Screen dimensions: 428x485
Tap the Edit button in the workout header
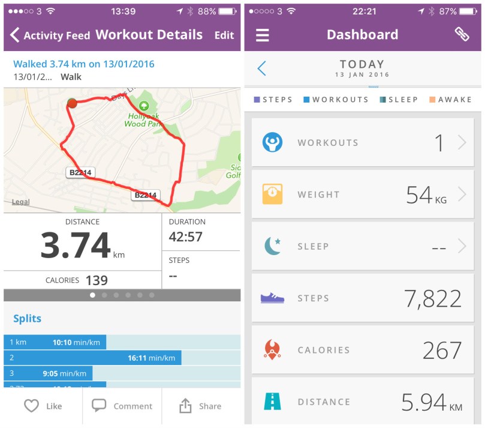tap(224, 35)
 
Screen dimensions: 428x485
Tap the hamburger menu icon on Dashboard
tap(263, 35)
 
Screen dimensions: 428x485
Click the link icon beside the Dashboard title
tap(462, 34)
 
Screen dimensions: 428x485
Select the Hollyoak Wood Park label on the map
tap(143, 118)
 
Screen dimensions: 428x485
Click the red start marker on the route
tap(72, 103)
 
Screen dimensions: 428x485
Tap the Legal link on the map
tap(20, 202)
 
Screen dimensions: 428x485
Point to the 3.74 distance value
tap(76, 245)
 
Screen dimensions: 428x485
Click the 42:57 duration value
tap(185, 237)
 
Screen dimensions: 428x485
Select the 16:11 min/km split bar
tap(92, 358)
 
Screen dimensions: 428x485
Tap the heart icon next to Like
tap(31, 406)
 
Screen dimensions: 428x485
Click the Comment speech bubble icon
tap(99, 406)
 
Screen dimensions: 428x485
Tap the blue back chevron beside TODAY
tap(261, 68)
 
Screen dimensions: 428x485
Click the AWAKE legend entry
tap(450, 100)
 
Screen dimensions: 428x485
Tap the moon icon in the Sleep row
tap(273, 246)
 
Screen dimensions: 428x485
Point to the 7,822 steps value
tap(432, 298)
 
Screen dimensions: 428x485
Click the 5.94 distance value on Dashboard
tap(424, 402)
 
